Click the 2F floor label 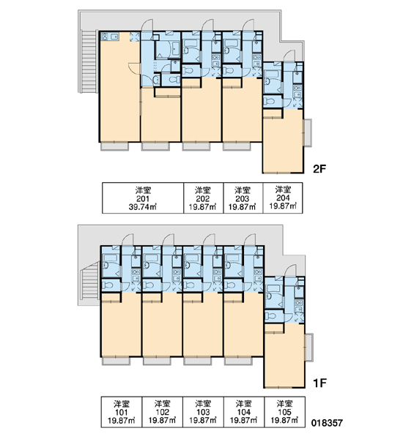(x=319, y=169)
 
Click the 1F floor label (x=319, y=383)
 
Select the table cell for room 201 (x=143, y=198)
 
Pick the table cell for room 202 (x=203, y=198)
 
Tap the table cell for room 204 (x=283, y=198)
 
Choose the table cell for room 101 (x=122, y=412)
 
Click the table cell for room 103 (x=203, y=412)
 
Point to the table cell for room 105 (x=284, y=412)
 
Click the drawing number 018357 (x=327, y=423)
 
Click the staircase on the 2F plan (x=89, y=61)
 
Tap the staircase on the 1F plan (x=89, y=280)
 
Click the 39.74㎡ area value (x=142, y=207)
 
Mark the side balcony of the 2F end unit (x=308, y=132)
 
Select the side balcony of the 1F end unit (x=309, y=347)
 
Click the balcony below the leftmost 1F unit (x=116, y=361)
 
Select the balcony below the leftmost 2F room (x=115, y=146)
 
